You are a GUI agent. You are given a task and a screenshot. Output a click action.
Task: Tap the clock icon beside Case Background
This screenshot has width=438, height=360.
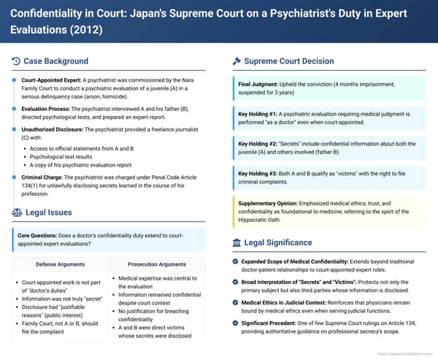pos(17,61)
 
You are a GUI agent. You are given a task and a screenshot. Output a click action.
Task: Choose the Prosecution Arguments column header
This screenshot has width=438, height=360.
pos(157,264)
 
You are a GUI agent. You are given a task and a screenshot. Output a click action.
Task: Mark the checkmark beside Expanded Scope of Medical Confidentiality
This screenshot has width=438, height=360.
pos(234,261)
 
